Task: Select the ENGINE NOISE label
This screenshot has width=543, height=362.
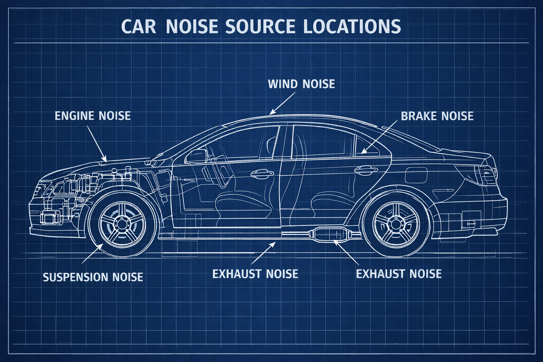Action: [93, 116]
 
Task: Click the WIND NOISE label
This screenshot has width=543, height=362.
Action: [301, 84]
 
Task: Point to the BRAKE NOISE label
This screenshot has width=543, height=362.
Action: [437, 116]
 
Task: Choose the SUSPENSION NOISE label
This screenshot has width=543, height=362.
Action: [93, 277]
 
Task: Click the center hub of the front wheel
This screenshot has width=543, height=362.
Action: [122, 224]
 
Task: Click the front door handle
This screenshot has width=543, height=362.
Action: [262, 173]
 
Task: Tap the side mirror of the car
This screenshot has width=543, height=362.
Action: [196, 156]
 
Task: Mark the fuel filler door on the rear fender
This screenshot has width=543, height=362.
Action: [416, 175]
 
